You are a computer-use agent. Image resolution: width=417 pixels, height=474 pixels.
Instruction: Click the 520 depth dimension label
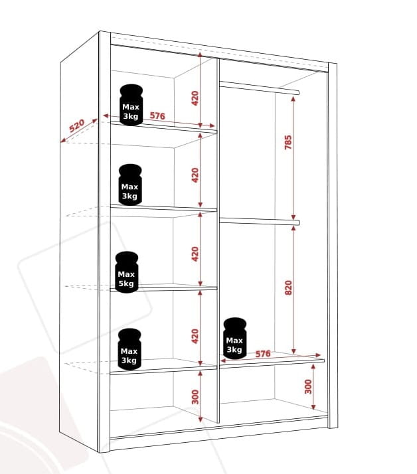pyautogui.click(x=76, y=126)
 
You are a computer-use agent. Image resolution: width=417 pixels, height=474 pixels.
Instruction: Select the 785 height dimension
pyautogui.click(x=288, y=142)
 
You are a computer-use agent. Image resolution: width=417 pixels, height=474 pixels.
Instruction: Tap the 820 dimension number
pyautogui.click(x=288, y=288)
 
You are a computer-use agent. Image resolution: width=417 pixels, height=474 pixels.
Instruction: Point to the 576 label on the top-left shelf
pyautogui.click(x=157, y=116)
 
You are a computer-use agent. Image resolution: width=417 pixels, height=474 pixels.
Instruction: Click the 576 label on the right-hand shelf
pyautogui.click(x=263, y=354)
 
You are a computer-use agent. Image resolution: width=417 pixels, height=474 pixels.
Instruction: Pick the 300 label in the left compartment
pyautogui.click(x=195, y=397)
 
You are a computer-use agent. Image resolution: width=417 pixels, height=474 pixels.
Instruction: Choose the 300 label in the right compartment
pyautogui.click(x=308, y=386)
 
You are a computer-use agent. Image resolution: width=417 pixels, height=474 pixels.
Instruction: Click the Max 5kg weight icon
pyautogui.click(x=126, y=272)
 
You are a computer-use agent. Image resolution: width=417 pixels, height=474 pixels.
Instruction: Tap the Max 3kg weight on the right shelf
pyautogui.click(x=234, y=339)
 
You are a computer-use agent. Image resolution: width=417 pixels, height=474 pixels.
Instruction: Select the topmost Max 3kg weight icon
pyautogui.click(x=131, y=105)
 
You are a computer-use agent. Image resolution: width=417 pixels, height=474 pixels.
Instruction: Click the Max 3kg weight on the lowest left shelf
pyautogui.click(x=129, y=349)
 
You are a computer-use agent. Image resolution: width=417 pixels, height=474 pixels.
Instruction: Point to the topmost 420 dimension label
pyautogui.click(x=195, y=98)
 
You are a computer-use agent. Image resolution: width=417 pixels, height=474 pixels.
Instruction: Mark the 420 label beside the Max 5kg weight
pyautogui.click(x=195, y=254)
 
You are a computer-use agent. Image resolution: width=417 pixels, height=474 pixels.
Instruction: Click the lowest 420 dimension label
pyautogui.click(x=195, y=337)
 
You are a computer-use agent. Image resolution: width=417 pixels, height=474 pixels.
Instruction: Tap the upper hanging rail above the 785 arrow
pyautogui.click(x=259, y=88)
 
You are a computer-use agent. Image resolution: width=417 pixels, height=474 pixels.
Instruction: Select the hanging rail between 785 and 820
pyautogui.click(x=260, y=222)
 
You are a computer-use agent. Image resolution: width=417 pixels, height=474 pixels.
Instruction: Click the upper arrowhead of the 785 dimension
pyautogui.click(x=293, y=99)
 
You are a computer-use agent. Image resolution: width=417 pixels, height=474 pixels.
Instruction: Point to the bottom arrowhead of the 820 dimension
pyautogui.click(x=293, y=351)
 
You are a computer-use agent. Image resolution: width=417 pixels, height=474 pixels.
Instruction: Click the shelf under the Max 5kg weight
pyautogui.click(x=163, y=288)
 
